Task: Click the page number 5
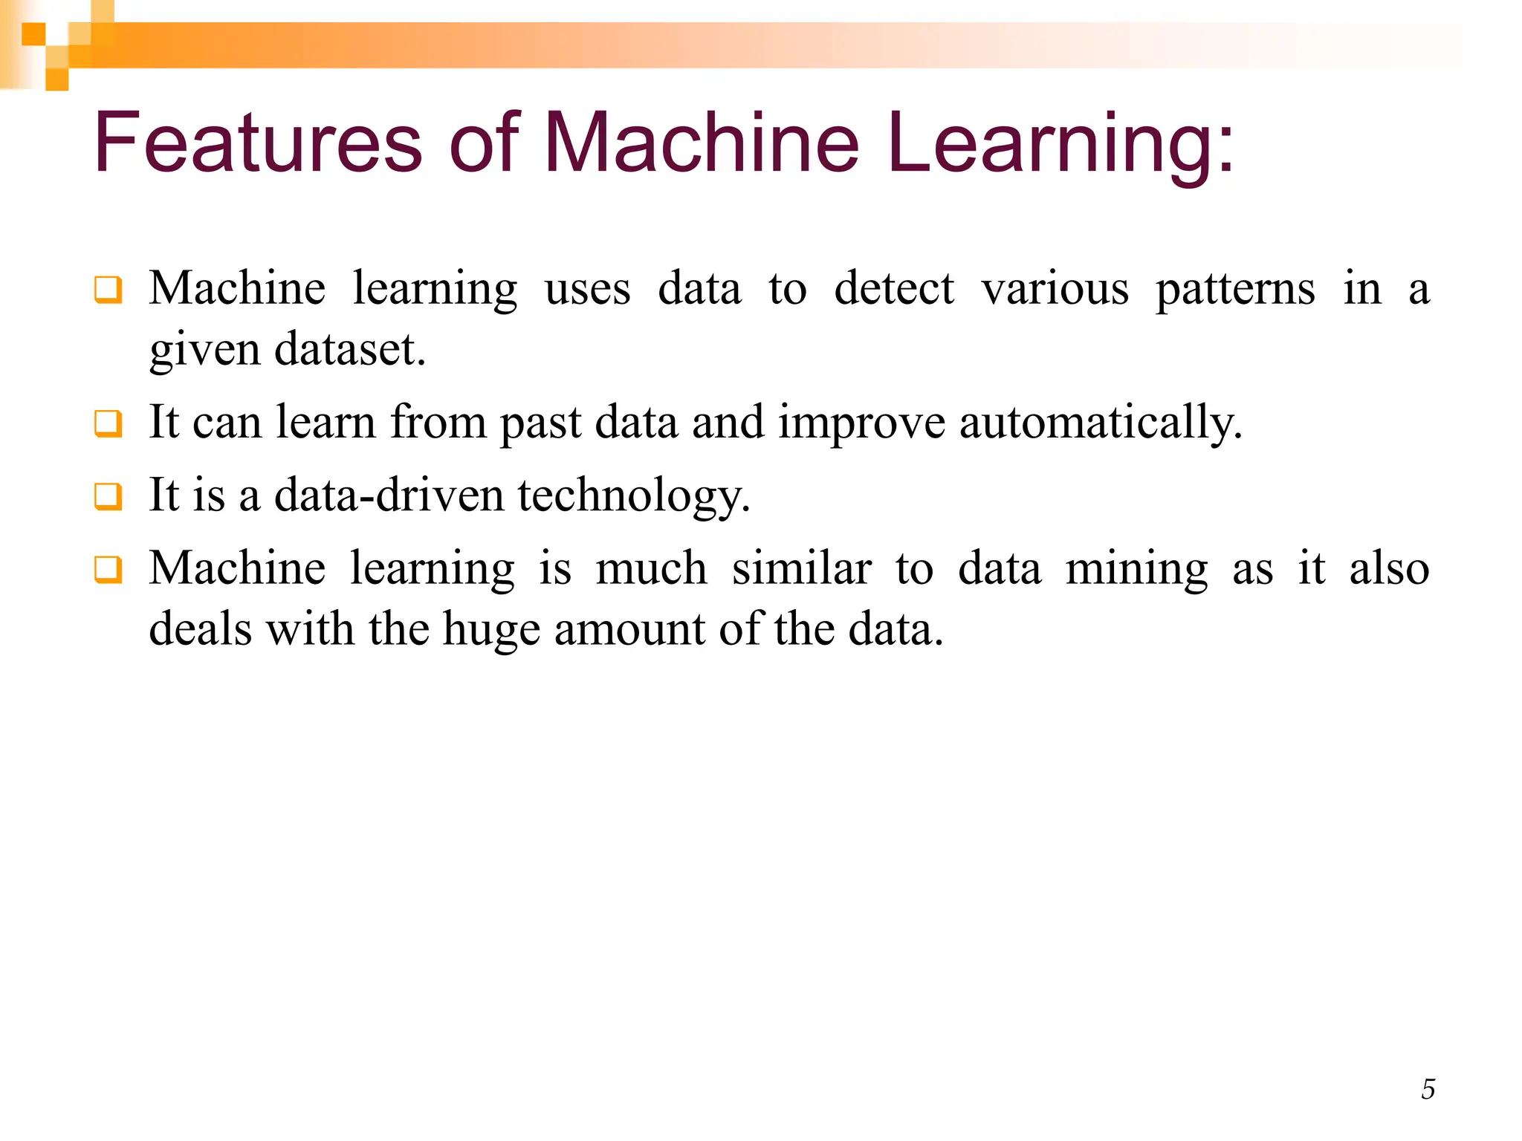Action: coord(1428,1089)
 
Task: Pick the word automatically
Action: coord(1100,422)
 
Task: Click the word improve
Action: coord(861,422)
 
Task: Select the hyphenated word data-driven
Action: coord(389,495)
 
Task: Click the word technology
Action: coord(634,496)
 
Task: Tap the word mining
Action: coord(1136,569)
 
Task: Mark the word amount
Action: coord(629,630)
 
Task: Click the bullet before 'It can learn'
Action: coord(108,423)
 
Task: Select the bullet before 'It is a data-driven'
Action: coord(108,496)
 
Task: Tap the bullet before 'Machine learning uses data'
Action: coord(108,290)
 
